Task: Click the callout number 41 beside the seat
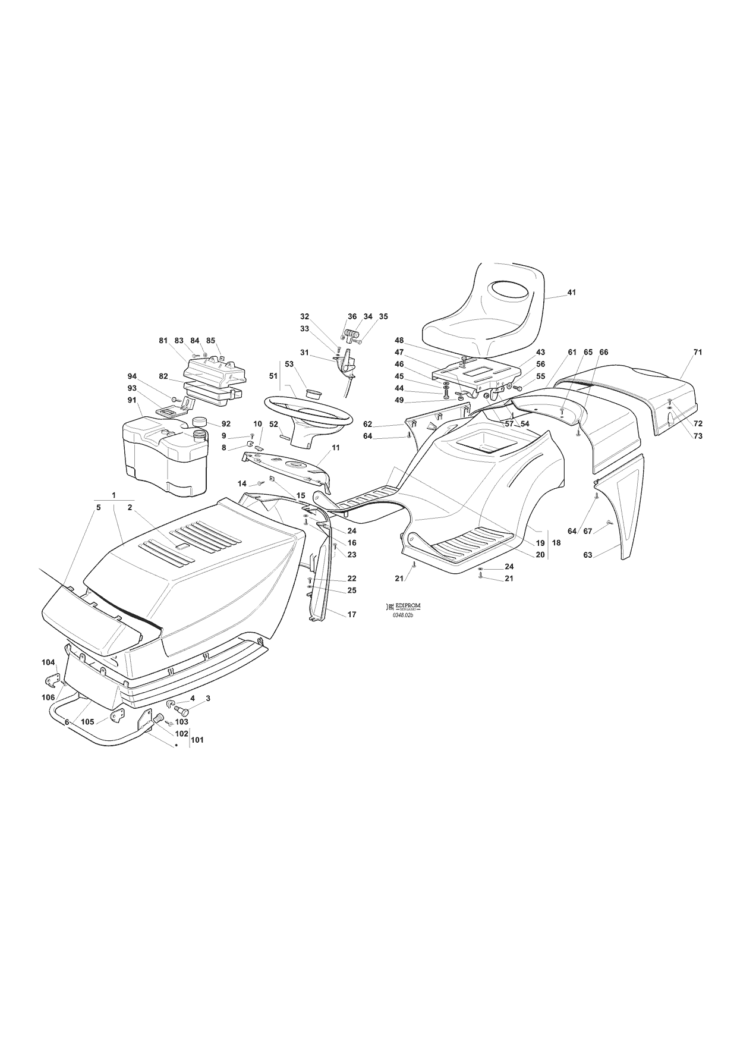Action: tap(571, 293)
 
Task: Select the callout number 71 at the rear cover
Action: tap(697, 353)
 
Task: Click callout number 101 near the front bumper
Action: tap(197, 740)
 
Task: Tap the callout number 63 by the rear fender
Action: tap(588, 555)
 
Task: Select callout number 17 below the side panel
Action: tap(352, 614)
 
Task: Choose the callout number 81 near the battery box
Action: tap(163, 341)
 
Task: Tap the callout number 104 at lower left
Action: tap(48, 662)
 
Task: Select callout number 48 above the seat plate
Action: tap(399, 341)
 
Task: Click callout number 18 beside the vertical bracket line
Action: tap(556, 543)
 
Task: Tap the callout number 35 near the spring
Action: tap(383, 316)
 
